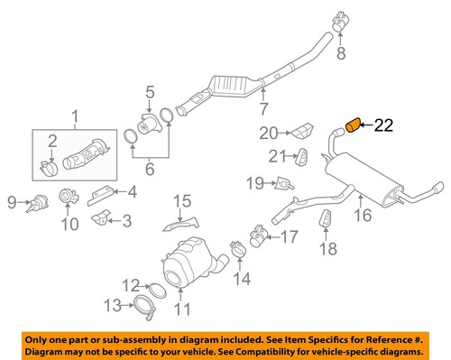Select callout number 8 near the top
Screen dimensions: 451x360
click(x=341, y=55)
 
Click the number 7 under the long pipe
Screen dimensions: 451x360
click(x=263, y=111)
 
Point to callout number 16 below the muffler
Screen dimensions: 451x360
click(x=363, y=216)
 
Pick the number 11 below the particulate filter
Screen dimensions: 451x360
click(x=183, y=311)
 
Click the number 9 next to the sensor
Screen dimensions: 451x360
click(x=13, y=201)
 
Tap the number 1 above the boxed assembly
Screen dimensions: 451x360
click(x=76, y=115)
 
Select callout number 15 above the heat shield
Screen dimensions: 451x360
click(x=183, y=200)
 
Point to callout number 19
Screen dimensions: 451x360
click(x=255, y=183)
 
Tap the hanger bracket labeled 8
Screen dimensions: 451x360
click(x=341, y=19)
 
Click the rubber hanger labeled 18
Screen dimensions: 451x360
click(x=327, y=220)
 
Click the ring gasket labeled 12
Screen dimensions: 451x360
click(x=155, y=290)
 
